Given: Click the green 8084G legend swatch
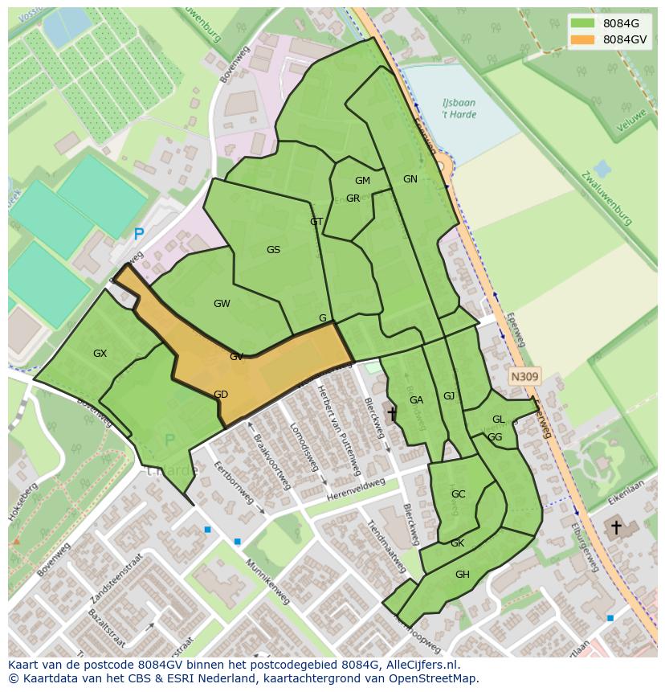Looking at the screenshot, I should (x=583, y=23).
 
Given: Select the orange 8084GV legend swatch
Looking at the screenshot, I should (x=583, y=39).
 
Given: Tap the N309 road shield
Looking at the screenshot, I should (x=524, y=376).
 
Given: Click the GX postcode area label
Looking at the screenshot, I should (x=100, y=354).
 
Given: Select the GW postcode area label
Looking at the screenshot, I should (x=222, y=304).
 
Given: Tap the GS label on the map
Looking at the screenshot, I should (x=273, y=250).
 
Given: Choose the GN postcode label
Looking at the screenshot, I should (x=410, y=179).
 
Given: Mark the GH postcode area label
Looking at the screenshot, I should (x=462, y=575).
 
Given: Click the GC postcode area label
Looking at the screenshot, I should (x=458, y=494).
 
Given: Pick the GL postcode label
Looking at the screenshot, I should (x=498, y=420).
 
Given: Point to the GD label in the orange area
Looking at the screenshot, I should (x=221, y=395).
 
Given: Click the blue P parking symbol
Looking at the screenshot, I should (x=139, y=235).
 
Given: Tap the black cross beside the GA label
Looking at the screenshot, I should (x=392, y=413).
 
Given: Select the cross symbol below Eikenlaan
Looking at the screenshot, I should (x=616, y=528).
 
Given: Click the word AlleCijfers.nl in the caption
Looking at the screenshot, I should (x=421, y=665).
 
